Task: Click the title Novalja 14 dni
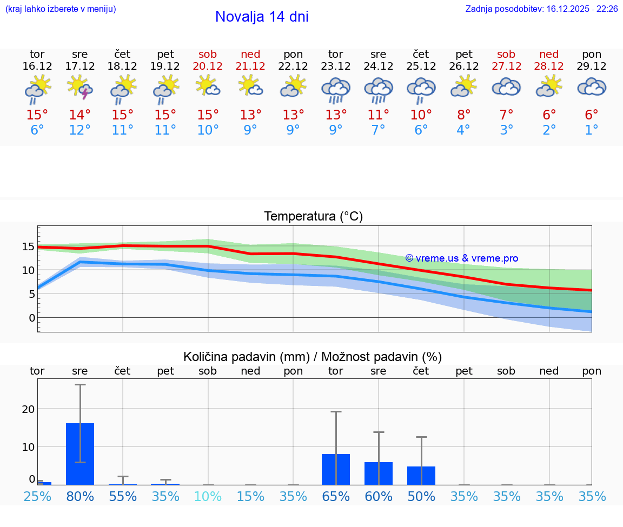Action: click(262, 17)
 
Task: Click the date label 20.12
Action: click(208, 66)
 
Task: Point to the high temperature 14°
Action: click(80, 115)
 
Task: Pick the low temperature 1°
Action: click(592, 130)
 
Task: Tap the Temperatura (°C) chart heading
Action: click(313, 217)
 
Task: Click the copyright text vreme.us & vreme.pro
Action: click(461, 258)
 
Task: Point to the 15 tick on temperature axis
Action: click(28, 246)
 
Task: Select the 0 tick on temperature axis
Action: click(31, 318)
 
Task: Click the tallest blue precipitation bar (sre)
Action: click(80, 454)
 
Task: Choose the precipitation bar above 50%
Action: click(421, 476)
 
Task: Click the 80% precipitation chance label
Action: click(80, 497)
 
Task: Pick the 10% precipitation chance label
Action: click(208, 497)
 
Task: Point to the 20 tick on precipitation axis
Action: click(28, 409)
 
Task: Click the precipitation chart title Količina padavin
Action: click(313, 357)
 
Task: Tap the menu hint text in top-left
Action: click(61, 9)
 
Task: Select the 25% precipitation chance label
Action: click(37, 497)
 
